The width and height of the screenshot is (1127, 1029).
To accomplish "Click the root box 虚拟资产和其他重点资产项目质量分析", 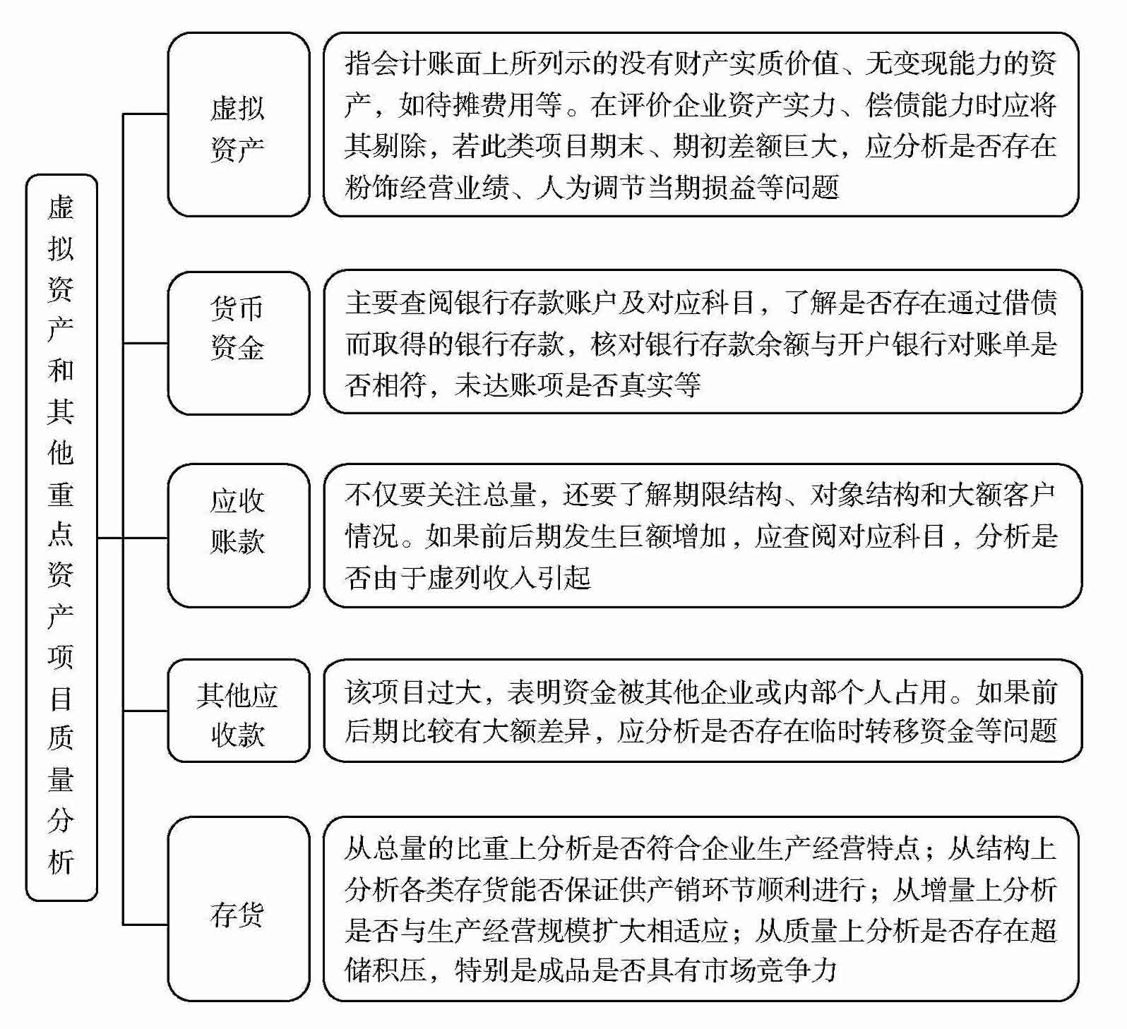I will coord(61,537).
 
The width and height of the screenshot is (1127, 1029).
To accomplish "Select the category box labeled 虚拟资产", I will coord(238,125).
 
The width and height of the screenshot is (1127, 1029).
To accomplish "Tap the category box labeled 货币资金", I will coord(238,343).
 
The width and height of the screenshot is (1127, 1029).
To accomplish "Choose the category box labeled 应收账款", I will coord(238,535).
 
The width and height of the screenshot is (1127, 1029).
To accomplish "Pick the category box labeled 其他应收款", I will coord(238,711).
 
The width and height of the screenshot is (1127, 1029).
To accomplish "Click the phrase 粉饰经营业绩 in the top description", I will coord(427,188).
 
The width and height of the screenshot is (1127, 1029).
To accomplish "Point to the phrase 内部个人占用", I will coord(865,692).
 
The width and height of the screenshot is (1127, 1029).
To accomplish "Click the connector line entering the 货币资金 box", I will coord(145,344).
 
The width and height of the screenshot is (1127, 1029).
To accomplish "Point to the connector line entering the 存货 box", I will coord(145,924).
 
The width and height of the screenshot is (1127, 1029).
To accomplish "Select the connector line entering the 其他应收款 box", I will coord(145,711).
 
